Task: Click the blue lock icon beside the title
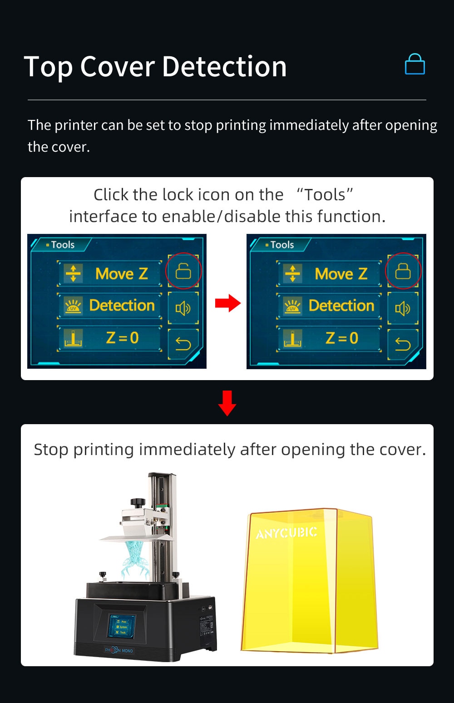coord(415,64)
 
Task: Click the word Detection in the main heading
coord(224,67)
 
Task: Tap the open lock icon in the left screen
coord(183,272)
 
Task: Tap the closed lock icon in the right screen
coord(403,272)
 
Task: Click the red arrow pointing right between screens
coord(227,303)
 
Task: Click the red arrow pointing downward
coord(227,403)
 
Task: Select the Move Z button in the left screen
coord(109,274)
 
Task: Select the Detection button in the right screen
coord(329,306)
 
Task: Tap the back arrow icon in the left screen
coord(183,344)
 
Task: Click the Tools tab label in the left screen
coord(62,245)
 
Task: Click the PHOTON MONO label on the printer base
coord(119,650)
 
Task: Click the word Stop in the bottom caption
coord(51,450)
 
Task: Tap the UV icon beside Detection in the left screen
coord(73,306)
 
